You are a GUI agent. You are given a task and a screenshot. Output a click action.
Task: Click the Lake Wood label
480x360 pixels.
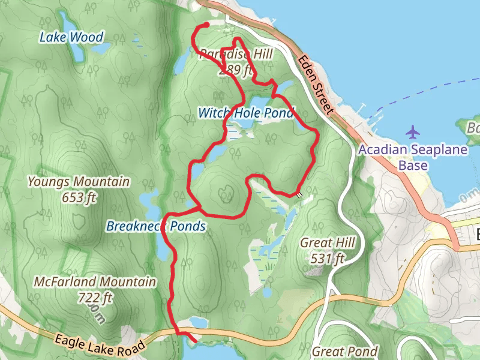point(71,37)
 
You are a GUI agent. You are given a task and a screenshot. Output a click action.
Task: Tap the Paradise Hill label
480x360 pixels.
point(236,55)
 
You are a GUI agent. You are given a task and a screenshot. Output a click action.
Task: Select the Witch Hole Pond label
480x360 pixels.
point(246,113)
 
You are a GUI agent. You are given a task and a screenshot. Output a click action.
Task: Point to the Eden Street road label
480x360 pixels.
point(315,83)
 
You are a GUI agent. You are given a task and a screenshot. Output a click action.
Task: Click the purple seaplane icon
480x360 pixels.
point(413,130)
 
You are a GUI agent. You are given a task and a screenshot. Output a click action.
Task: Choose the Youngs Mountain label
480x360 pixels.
point(79,181)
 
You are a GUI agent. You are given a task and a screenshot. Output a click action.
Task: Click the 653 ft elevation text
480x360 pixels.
point(79,196)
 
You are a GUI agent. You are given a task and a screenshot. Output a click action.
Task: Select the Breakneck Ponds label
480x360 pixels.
point(155,226)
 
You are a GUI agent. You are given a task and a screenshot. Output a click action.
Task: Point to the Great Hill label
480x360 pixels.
point(328,244)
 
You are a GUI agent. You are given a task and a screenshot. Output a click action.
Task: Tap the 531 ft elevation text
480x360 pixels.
point(328,259)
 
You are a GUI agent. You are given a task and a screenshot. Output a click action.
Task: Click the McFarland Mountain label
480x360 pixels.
point(95,282)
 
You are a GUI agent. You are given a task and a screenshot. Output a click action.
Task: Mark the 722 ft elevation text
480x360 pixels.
point(95,296)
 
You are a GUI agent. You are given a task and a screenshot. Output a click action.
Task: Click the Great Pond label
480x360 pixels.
point(345,351)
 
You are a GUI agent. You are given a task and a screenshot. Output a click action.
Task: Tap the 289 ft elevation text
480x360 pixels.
point(236,70)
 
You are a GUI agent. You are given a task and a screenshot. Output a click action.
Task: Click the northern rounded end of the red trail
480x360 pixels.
point(206,25)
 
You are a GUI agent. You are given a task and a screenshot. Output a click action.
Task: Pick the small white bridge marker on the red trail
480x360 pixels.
point(298,194)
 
